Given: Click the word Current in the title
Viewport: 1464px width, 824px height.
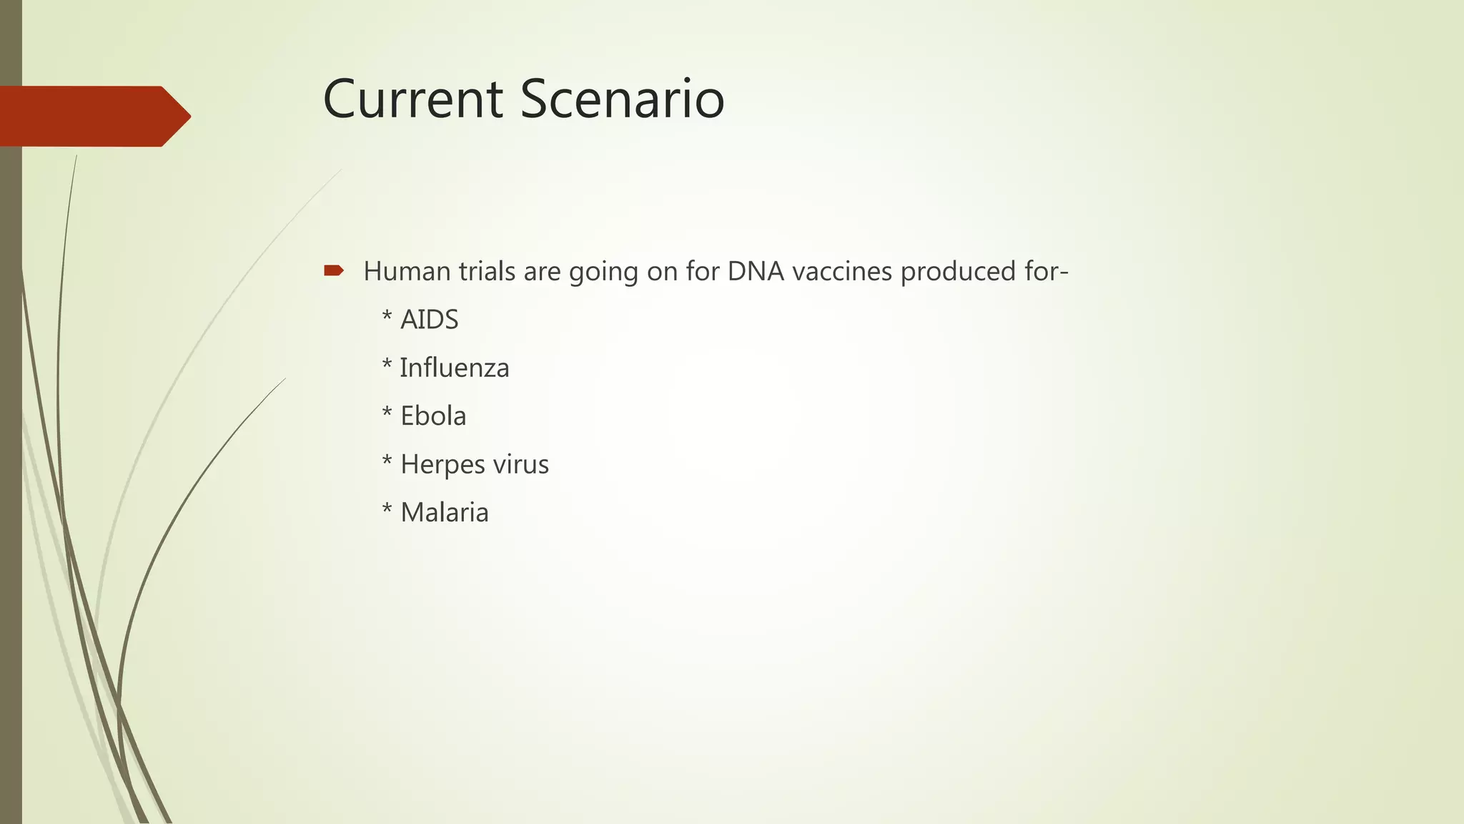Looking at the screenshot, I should tap(412, 99).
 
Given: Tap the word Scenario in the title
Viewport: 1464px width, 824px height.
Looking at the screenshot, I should tap(622, 99).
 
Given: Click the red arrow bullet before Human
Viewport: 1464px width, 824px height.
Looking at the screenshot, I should tap(334, 270).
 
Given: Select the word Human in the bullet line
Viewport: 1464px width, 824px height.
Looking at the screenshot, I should tap(407, 271).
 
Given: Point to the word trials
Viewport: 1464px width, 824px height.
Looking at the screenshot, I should tap(487, 271).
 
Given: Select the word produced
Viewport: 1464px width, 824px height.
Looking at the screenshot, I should tap(951, 271).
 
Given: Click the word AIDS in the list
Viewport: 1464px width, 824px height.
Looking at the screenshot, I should tap(429, 320).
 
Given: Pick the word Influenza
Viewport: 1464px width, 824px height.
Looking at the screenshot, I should tap(455, 368).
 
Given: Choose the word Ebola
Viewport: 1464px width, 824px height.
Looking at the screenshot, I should tap(433, 416).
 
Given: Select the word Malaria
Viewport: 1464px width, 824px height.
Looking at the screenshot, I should tap(445, 513).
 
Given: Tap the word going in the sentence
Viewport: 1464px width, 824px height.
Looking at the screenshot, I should tap(603, 273).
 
